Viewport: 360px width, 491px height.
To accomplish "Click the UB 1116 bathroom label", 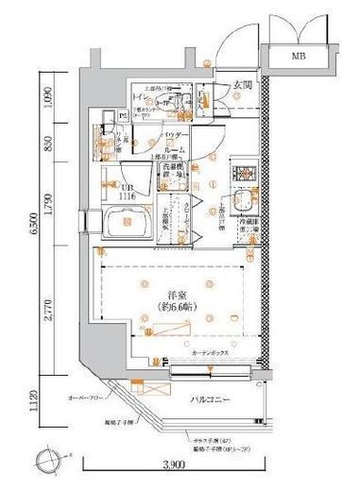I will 129,189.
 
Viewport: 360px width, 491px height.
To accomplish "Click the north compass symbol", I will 44,463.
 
